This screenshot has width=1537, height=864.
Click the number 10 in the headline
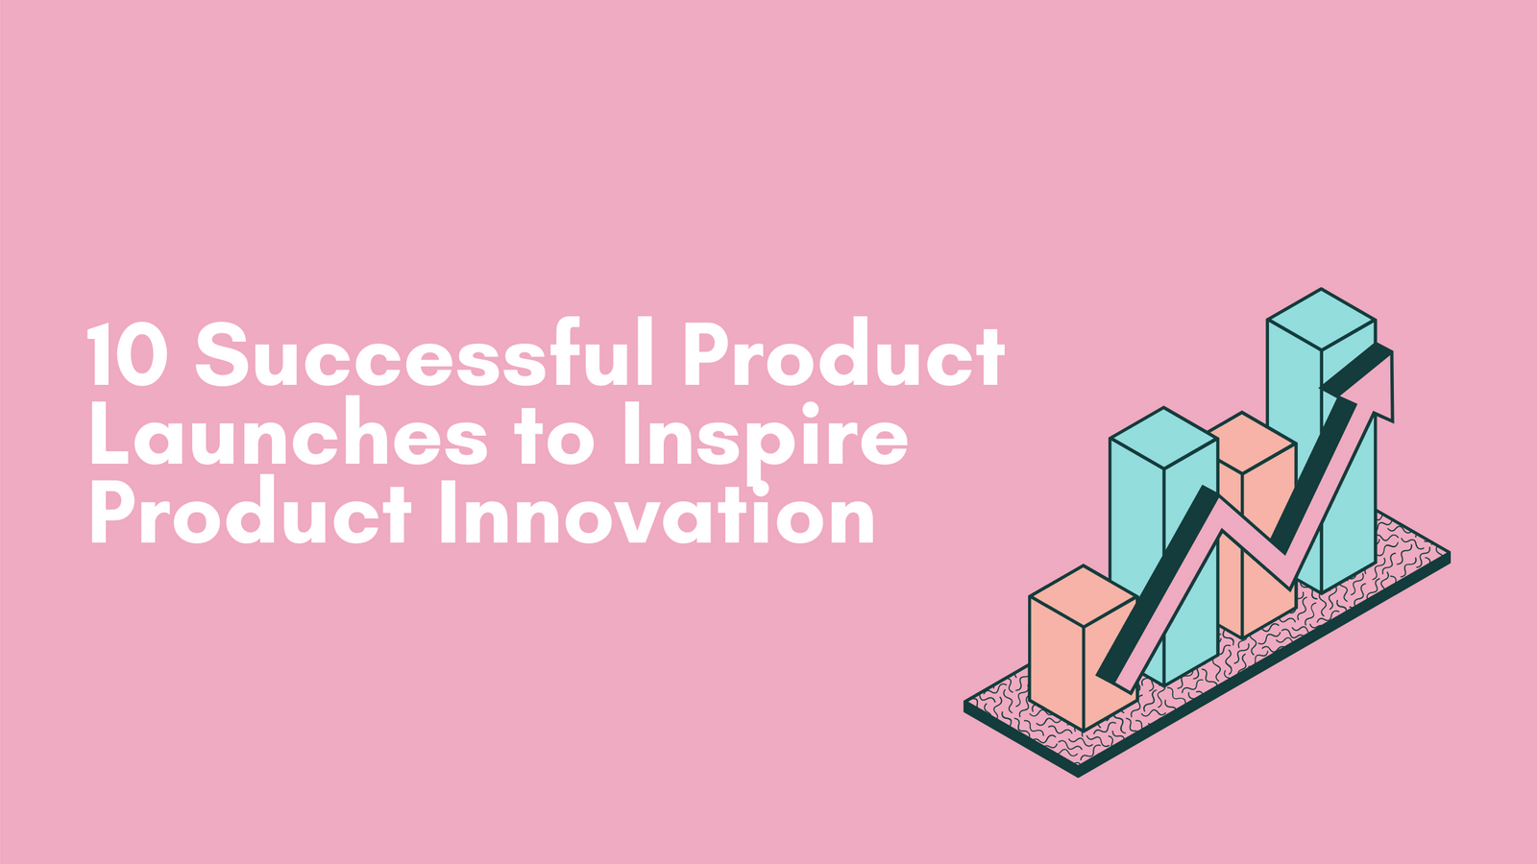(x=128, y=355)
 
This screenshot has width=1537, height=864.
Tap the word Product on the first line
(x=843, y=355)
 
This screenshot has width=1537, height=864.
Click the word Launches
(x=287, y=437)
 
